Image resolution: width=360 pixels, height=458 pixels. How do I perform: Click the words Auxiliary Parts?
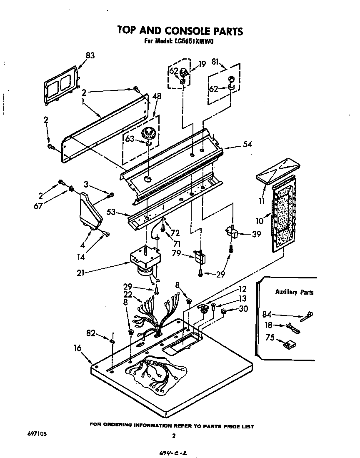294,292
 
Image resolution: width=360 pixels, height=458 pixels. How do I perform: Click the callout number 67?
38,206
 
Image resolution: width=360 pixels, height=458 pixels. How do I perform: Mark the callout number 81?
215,61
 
